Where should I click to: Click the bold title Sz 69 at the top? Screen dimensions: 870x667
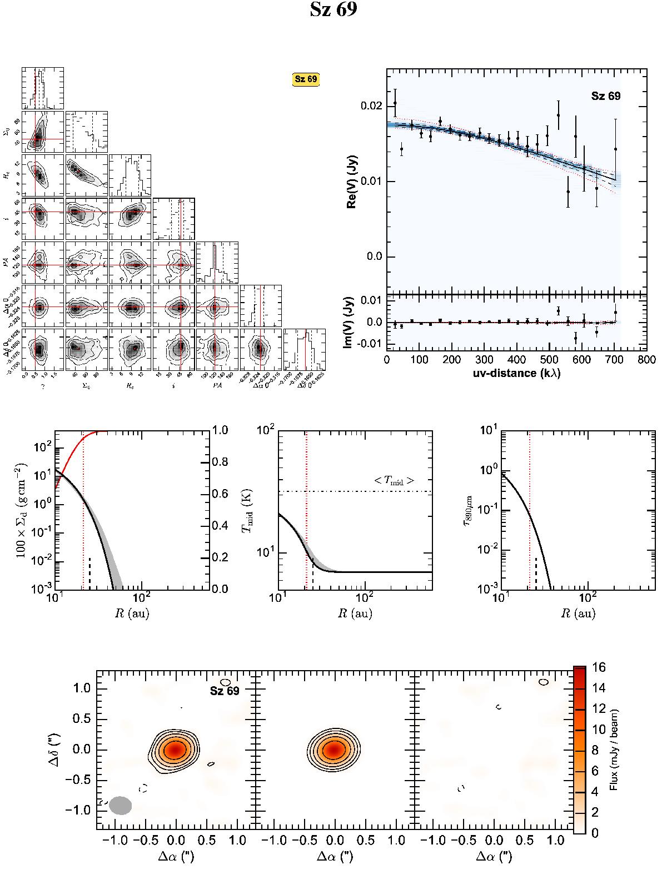[333, 11]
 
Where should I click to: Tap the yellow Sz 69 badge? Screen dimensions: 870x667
[306, 79]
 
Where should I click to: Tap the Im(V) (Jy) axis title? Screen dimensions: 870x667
[351, 323]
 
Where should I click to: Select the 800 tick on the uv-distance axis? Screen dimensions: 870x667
[646, 359]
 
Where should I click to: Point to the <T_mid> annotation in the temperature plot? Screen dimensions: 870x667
[394, 481]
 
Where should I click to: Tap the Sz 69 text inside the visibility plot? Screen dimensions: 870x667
[605, 96]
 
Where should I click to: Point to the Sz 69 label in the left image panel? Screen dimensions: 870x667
[225, 691]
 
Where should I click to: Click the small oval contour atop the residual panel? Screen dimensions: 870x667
[544, 681]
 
